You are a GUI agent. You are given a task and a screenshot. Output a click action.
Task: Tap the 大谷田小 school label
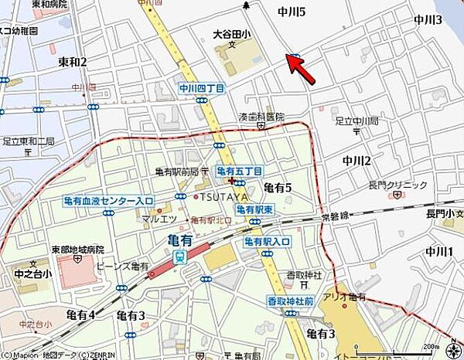coord(232,34)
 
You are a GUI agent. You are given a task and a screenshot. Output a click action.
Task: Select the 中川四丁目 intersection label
coord(201,89)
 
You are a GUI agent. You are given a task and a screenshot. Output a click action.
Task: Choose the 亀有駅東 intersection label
coord(256,209)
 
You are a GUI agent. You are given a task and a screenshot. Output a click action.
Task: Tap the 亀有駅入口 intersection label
coord(267,242)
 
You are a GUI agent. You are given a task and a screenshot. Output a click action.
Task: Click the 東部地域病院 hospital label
coord(77,250)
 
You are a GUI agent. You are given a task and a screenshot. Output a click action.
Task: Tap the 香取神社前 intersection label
coord(290,301)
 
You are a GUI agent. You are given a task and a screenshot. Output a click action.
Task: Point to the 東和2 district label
coord(73,61)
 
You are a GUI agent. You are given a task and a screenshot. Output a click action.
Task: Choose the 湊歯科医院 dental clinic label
coord(261,117)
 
